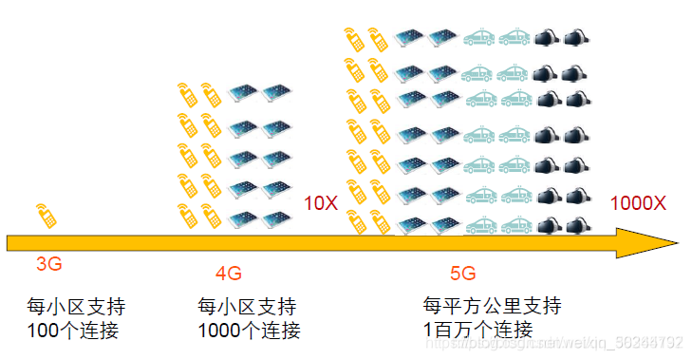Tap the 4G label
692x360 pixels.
[229, 274]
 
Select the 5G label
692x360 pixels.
[462, 274]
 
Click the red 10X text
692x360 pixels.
[320, 202]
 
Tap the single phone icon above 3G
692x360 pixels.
[45, 215]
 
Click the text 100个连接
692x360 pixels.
[76, 331]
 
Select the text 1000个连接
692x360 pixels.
[249, 331]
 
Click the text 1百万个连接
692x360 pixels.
[478, 329]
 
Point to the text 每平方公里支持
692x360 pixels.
[492, 306]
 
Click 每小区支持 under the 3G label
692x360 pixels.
[76, 308]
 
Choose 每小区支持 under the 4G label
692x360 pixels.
[247, 308]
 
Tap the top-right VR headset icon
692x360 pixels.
[574, 38]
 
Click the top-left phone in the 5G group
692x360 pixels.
[355, 38]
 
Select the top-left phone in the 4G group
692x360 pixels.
[186, 94]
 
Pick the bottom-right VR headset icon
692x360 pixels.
[574, 226]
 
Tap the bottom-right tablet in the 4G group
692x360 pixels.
[276, 219]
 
